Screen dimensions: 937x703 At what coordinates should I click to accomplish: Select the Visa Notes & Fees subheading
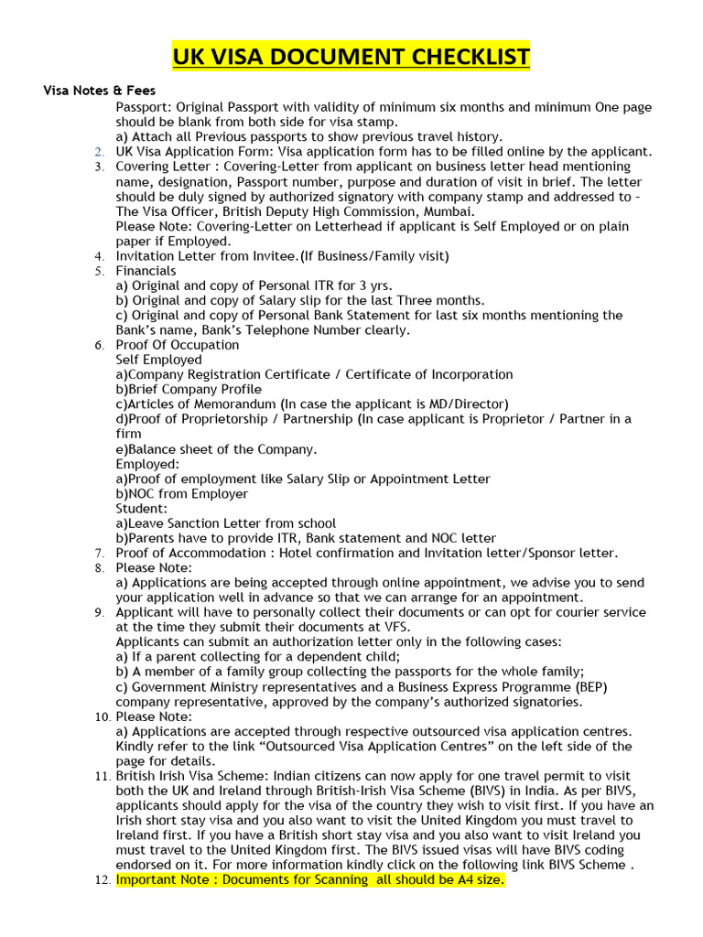click(x=100, y=91)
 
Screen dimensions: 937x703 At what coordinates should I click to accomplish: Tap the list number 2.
click(x=99, y=152)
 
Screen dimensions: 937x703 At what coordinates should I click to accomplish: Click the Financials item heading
click(x=146, y=271)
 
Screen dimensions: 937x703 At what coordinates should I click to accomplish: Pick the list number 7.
click(x=99, y=554)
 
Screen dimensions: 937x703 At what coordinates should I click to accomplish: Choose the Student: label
click(x=141, y=508)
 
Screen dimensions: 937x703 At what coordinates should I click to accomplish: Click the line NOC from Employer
click(x=181, y=493)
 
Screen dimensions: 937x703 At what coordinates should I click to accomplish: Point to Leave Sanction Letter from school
click(x=225, y=523)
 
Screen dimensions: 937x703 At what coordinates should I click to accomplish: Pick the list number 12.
click(x=102, y=880)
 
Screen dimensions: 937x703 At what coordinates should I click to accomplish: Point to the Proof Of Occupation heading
click(x=177, y=345)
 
